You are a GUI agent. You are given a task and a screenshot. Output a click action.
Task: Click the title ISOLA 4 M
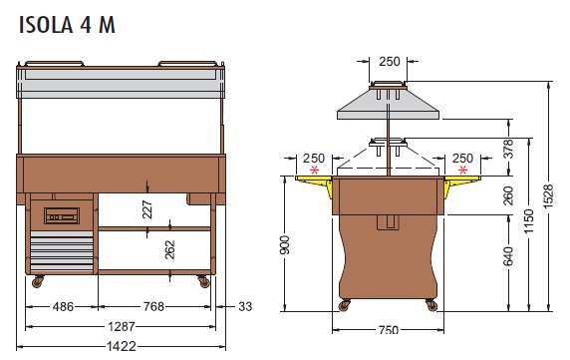(67, 25)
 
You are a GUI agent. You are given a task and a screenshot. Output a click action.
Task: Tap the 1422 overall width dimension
(122, 346)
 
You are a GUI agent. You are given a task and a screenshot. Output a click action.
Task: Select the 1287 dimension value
(122, 326)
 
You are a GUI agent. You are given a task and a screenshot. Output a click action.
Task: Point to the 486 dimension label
(63, 307)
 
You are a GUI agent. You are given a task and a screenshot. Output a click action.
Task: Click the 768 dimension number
(153, 307)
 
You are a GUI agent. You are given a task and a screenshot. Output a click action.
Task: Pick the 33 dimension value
(245, 307)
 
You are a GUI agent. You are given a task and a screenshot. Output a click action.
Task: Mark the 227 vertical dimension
(147, 209)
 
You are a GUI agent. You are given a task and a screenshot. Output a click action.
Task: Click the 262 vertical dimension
(169, 250)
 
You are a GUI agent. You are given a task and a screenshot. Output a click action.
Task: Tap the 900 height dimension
(285, 244)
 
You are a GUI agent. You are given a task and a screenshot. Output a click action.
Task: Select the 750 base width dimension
(389, 330)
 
